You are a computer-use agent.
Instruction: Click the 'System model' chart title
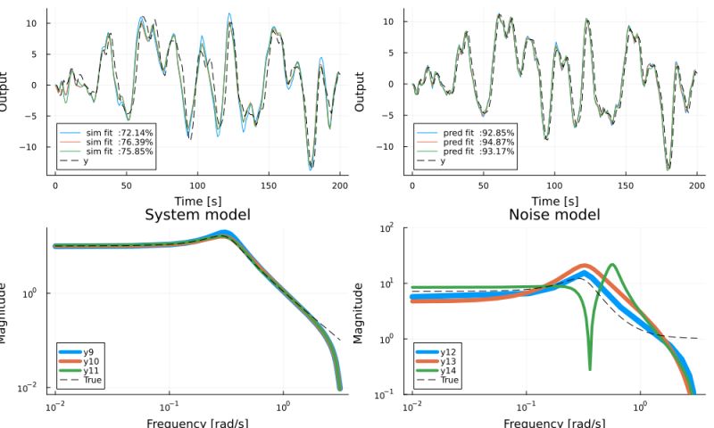click(x=196, y=215)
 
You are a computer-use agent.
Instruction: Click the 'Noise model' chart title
click(x=553, y=215)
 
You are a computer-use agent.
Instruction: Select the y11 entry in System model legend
click(x=89, y=371)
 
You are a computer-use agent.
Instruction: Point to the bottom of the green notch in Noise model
click(x=590, y=368)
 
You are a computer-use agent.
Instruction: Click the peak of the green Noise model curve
click(x=611, y=265)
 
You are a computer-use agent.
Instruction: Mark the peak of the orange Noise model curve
click(x=584, y=266)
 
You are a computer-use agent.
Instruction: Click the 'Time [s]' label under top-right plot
click(x=553, y=202)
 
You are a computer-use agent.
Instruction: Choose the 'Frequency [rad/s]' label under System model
click(x=196, y=421)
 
